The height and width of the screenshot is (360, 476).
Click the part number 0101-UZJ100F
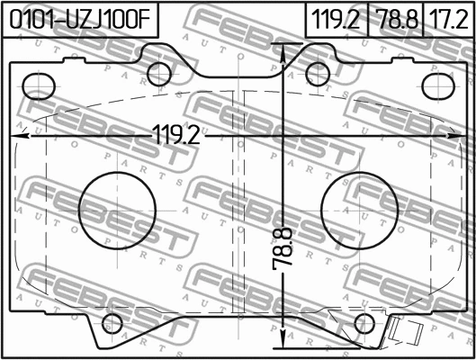point(80,20)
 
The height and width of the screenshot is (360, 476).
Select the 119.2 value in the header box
point(336,20)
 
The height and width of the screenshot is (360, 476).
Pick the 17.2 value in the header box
point(450,20)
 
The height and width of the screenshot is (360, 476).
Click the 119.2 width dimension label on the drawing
point(177,135)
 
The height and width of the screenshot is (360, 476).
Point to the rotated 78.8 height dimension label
point(283,249)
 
